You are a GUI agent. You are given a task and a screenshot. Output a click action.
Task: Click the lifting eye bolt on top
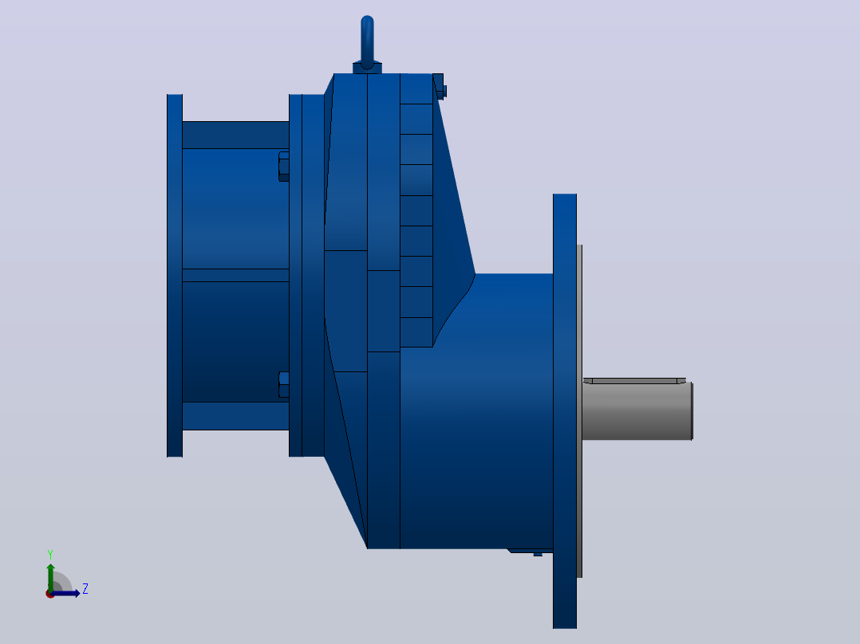tap(368, 41)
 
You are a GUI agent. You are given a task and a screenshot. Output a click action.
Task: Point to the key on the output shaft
tap(634, 380)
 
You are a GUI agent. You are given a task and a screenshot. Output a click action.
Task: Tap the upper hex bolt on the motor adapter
tap(284, 167)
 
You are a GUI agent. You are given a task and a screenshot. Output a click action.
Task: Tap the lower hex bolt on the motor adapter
tap(284, 385)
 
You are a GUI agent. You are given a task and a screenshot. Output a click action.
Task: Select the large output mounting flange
tap(565, 411)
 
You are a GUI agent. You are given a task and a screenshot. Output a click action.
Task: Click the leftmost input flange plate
tap(175, 276)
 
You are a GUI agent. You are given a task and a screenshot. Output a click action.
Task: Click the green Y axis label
tap(50, 555)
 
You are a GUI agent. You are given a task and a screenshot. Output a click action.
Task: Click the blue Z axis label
tap(85, 589)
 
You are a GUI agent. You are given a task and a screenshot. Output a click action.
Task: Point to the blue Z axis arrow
tap(65, 594)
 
